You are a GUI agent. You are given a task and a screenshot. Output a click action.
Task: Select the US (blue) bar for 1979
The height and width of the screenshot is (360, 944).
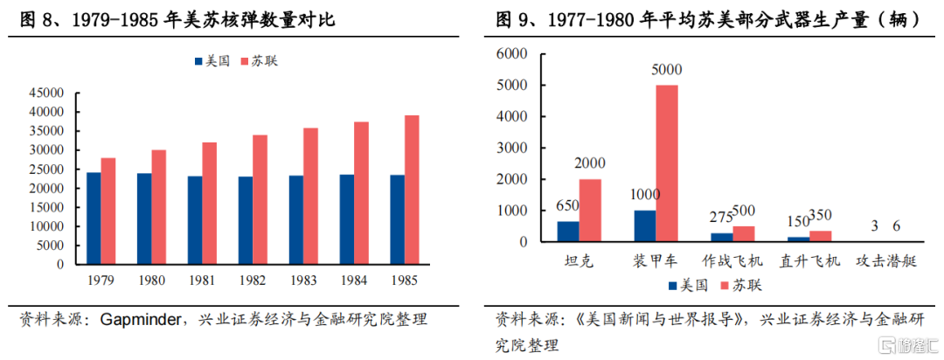(x=93, y=218)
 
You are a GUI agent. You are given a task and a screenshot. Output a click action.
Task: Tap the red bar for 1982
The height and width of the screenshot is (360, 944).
(x=260, y=199)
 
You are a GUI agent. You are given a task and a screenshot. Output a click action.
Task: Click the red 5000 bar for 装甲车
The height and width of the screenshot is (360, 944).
(x=667, y=163)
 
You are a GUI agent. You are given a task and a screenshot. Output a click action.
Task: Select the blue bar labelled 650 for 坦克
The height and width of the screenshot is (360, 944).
(x=568, y=231)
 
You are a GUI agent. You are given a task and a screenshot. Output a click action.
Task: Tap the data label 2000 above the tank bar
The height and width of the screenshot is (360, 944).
(x=591, y=163)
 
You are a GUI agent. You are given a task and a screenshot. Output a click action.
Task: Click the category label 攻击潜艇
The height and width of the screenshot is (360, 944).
(x=886, y=261)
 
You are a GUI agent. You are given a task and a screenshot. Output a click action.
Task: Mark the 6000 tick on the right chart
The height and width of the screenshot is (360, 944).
(x=513, y=54)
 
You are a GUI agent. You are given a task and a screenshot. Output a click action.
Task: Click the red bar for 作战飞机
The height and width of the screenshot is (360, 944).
(x=744, y=233)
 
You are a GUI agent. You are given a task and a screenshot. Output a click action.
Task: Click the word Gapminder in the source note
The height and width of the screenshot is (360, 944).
(x=134, y=319)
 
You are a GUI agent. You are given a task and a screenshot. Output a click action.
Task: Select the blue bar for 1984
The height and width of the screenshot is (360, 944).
(x=347, y=218)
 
